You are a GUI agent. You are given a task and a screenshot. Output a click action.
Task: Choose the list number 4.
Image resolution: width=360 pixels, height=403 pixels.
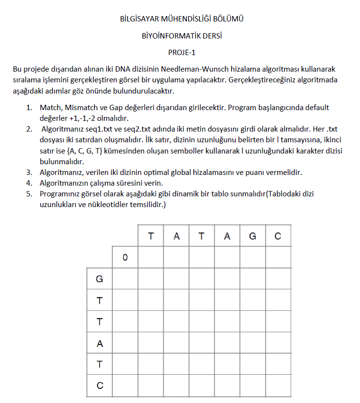click(x=29, y=183)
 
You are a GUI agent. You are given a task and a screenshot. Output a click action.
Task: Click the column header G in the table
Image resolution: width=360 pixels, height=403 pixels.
click(x=252, y=236)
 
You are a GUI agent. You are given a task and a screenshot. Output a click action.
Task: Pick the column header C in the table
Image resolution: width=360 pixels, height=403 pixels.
click(x=278, y=236)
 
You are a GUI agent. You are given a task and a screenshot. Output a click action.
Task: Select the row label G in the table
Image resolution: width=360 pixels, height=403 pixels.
click(x=100, y=279)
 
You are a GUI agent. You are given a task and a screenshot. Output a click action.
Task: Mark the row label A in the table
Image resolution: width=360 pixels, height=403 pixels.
click(x=100, y=343)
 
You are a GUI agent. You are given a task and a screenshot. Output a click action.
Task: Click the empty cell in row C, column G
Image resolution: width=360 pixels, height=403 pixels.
click(x=252, y=385)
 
